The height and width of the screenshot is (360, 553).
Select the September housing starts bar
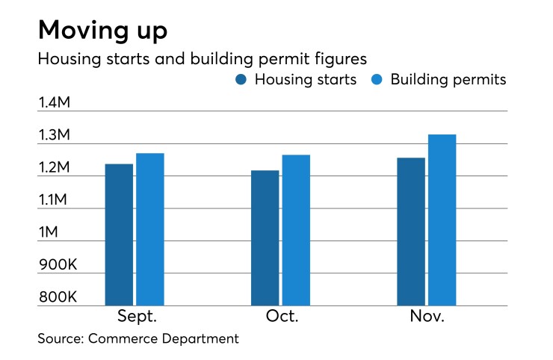pyautogui.click(x=119, y=235)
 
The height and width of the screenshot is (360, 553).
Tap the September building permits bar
pyautogui.click(x=149, y=229)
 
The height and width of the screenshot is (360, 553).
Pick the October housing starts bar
pyautogui.click(x=265, y=238)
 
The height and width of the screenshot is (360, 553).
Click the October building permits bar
pyautogui.click(x=296, y=230)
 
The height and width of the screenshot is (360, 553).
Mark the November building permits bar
pyautogui.click(x=442, y=220)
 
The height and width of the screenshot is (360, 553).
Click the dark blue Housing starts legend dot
pyautogui.click(x=241, y=80)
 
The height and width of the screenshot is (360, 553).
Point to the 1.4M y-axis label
pyautogui.click(x=54, y=102)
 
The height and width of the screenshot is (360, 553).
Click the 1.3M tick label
pyautogui.click(x=54, y=135)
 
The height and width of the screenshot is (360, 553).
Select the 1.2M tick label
pyautogui.click(x=54, y=167)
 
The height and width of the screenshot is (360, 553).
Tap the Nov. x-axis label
pyautogui.click(x=427, y=317)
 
